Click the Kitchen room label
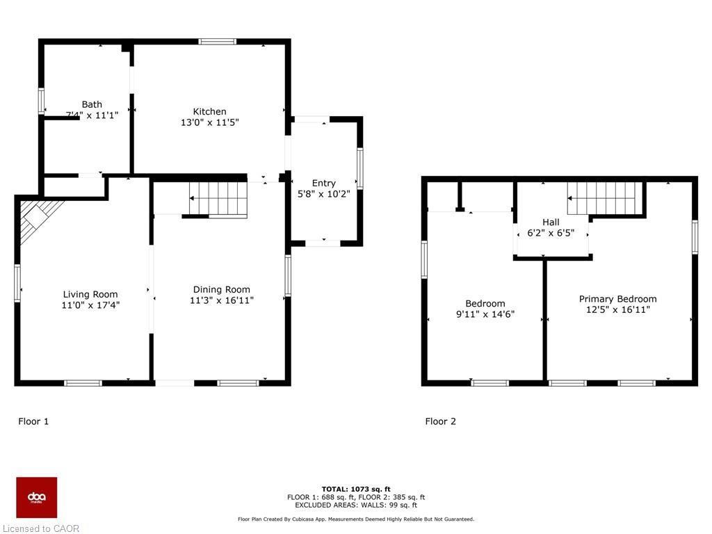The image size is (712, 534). [x=209, y=111]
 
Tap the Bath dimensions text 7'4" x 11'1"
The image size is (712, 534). [x=92, y=115]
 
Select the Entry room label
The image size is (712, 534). [x=323, y=183]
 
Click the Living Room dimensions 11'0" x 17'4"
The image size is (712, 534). [x=90, y=305]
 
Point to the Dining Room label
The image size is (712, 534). [x=221, y=289]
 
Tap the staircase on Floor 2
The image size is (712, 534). [x=604, y=199]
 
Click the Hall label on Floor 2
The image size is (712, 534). [x=551, y=222]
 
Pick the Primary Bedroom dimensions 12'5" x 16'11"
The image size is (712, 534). [x=617, y=310]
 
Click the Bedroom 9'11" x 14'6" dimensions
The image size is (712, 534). [x=485, y=314]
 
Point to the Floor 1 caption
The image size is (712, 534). [x=33, y=421]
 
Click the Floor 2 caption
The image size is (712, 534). [x=441, y=421]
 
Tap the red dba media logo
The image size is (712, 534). [x=37, y=497]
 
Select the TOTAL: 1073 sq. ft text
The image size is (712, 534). [x=356, y=489]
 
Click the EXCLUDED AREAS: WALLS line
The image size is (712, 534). [x=356, y=505]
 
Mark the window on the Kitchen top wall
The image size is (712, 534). [x=217, y=42]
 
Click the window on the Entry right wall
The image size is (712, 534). [x=360, y=168]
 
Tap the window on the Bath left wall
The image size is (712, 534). [x=41, y=102]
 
